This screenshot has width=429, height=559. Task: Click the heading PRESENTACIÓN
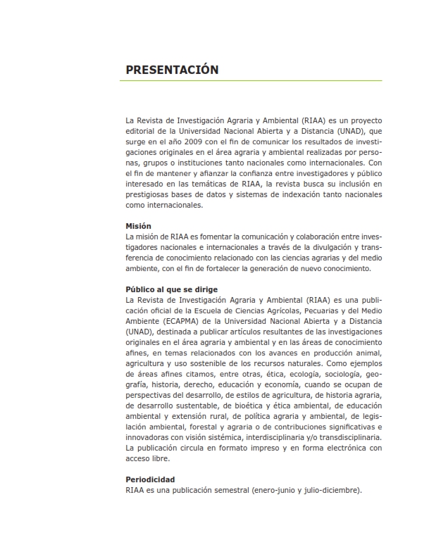coord(172,70)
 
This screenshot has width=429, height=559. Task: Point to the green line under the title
coord(254,81)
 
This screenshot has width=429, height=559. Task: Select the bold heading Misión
coord(138,226)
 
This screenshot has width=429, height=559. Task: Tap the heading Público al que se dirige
coord(171,289)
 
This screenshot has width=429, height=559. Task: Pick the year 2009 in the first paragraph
coord(199,142)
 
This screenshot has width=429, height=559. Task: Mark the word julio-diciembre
coord(334,490)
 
